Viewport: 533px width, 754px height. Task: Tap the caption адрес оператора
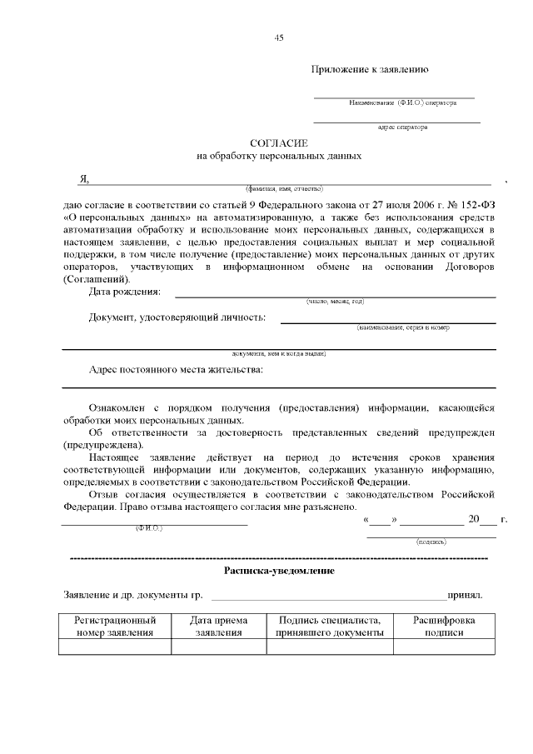pos(402,127)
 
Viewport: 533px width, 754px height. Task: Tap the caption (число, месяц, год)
pos(335,301)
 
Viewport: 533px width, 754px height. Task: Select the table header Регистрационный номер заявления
pos(115,627)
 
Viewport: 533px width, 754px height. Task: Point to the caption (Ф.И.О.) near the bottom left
pos(148,529)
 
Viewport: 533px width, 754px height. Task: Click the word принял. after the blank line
pos(465,597)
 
